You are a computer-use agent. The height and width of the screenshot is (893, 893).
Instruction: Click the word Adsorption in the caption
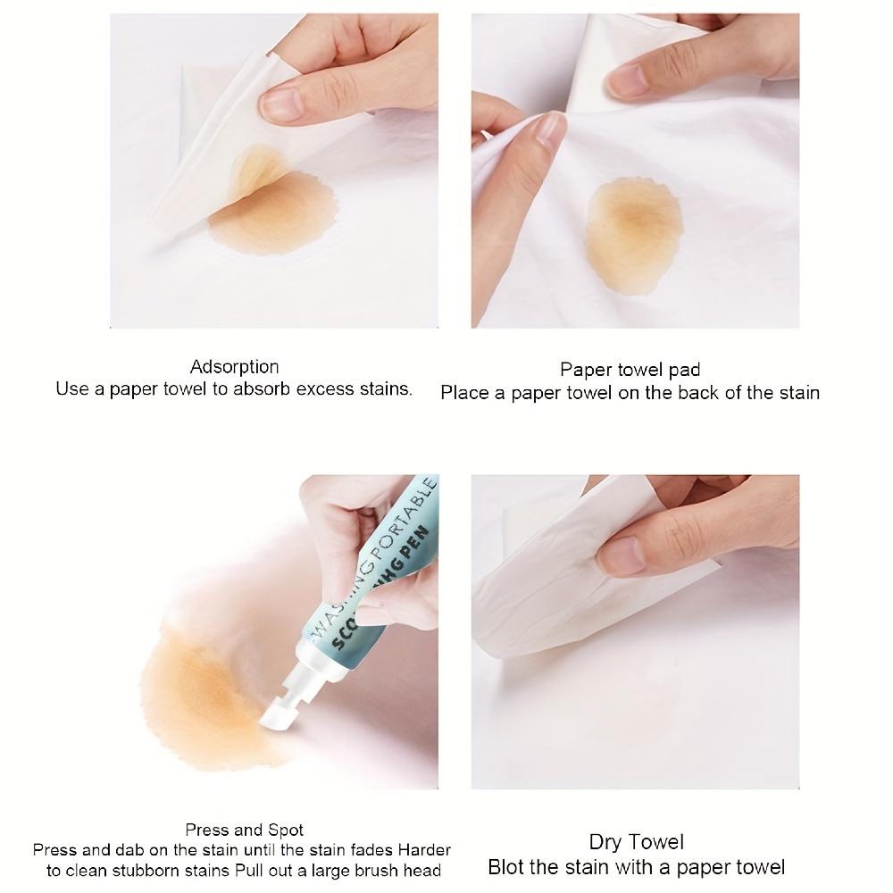[x=234, y=367]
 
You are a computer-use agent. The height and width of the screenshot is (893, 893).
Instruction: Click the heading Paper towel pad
[x=630, y=370]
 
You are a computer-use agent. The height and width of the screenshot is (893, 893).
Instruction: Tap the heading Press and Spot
[x=244, y=830]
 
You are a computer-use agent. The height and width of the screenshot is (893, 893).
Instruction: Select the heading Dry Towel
[x=636, y=842]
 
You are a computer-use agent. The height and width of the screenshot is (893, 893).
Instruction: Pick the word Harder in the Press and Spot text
[x=424, y=849]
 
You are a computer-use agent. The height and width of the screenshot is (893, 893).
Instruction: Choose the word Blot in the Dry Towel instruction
[x=506, y=867]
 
